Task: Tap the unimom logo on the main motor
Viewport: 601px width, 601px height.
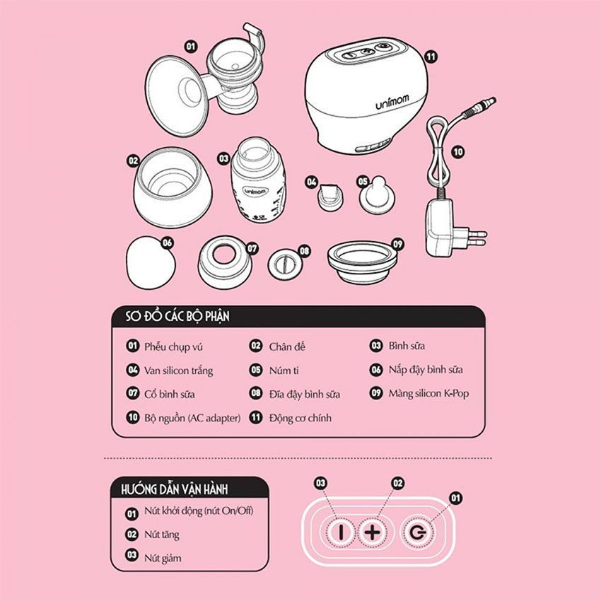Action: (x=392, y=102)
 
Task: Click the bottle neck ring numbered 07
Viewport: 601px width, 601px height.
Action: (x=225, y=262)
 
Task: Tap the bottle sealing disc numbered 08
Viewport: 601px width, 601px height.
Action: (x=285, y=264)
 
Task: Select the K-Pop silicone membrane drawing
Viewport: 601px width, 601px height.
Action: (x=362, y=262)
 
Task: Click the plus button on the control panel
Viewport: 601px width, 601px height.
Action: (x=372, y=532)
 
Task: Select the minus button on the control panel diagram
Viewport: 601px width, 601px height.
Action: (x=341, y=532)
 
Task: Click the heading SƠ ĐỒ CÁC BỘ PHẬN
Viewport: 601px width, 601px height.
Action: (x=177, y=316)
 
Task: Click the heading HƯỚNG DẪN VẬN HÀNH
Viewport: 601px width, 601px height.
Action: (x=175, y=489)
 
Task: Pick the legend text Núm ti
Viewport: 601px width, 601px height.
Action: (x=284, y=370)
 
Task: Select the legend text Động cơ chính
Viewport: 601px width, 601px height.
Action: (x=300, y=418)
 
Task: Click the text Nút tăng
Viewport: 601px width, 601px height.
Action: (x=162, y=535)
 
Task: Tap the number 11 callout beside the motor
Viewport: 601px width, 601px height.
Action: (x=431, y=57)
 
